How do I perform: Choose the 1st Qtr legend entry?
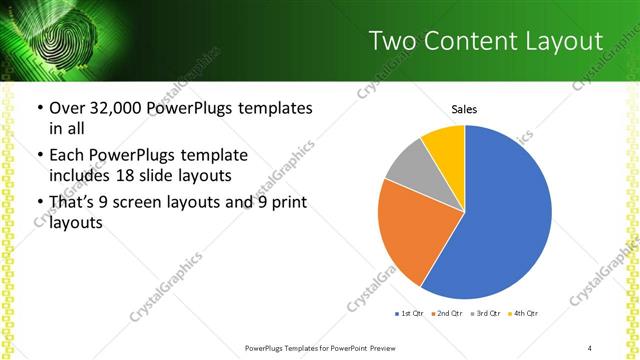click(410, 314)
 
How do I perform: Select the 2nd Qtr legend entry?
click(447, 314)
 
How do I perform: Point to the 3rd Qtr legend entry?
click(486, 314)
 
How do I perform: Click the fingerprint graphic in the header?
click(63, 40)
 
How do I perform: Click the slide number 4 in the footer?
click(590, 348)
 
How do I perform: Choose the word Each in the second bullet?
click(67, 156)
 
